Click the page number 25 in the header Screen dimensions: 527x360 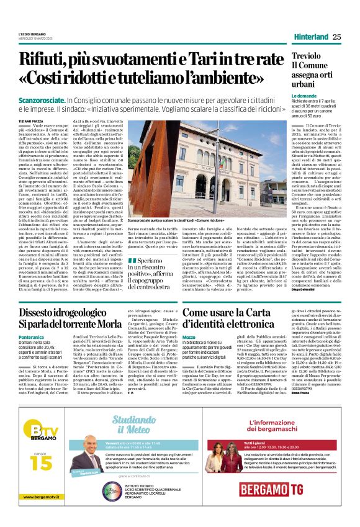point(336,37)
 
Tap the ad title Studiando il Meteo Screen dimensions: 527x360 point(134,431)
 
